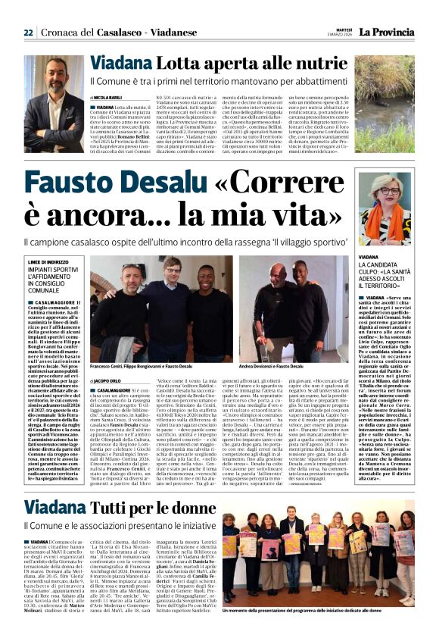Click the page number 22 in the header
point(28,33)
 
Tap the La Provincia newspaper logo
point(392,32)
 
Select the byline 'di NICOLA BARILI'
point(105,98)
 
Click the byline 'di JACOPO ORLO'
point(106,380)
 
